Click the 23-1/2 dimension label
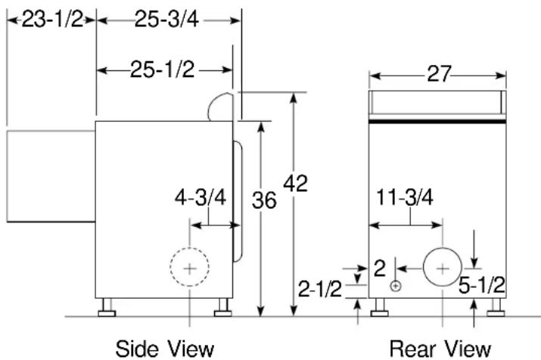53,20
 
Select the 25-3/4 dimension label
166,20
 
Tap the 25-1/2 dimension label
162,70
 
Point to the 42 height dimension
295,184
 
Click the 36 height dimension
264,200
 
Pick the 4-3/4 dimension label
201,197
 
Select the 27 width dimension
439,74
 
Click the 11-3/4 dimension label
404,197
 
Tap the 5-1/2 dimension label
482,285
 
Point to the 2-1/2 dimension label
320,289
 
